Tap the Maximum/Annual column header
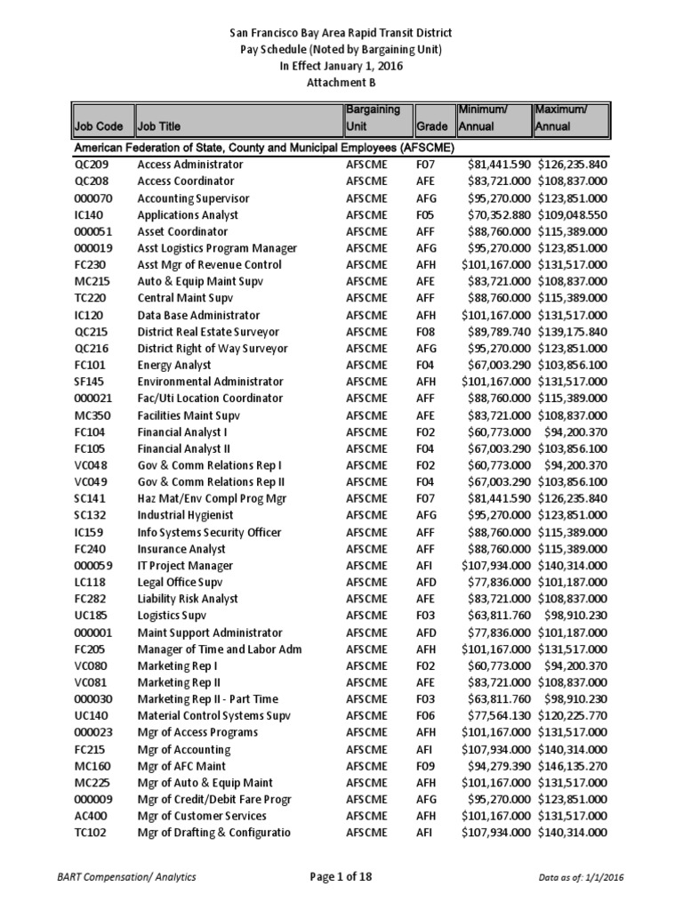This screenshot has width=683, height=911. pyautogui.click(x=569, y=117)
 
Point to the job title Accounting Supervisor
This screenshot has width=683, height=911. pyautogui.click(x=193, y=198)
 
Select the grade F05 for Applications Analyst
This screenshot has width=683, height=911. pyautogui.click(x=429, y=215)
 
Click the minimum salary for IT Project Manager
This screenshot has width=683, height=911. pyautogui.click(x=496, y=566)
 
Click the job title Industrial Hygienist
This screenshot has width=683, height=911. pyautogui.click(x=185, y=515)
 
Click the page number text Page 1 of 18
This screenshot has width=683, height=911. pyautogui.click(x=341, y=877)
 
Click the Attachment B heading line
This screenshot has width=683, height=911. pyautogui.click(x=341, y=82)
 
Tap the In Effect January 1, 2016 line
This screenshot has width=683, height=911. pyautogui.click(x=341, y=65)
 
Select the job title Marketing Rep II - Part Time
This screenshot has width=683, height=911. pyautogui.click(x=209, y=699)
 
